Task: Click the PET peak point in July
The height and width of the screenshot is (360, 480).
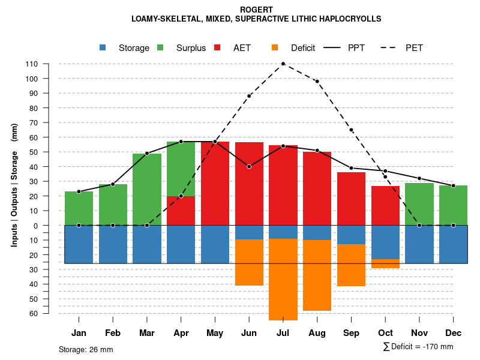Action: pos(283,64)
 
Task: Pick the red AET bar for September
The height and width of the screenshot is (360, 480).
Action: pos(351,199)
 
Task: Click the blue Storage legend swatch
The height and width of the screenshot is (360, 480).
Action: pos(103,47)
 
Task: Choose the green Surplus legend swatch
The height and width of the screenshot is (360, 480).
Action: pos(161,47)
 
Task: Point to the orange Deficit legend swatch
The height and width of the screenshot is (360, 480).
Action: pos(275,47)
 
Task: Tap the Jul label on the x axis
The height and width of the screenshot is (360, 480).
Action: pos(283,333)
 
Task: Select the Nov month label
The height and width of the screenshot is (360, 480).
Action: pos(419,333)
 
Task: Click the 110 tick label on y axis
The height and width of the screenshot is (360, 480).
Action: pos(32,64)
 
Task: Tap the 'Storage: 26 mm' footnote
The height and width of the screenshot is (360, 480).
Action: pos(86,349)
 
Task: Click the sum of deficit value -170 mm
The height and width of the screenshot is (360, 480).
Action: pos(437,347)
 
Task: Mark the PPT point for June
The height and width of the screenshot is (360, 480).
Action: pos(248,166)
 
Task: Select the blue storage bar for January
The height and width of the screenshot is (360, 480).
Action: pos(79,244)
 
